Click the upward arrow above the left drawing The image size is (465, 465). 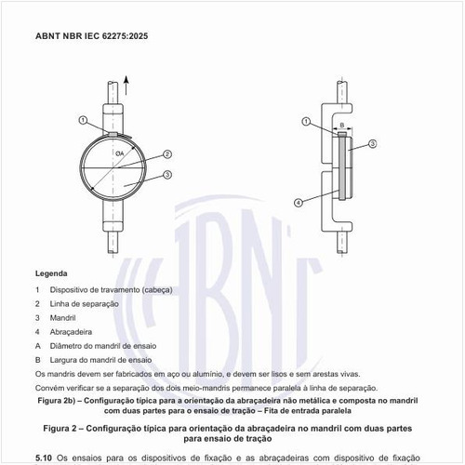(x=126, y=89)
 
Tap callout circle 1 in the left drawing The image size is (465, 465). (x=84, y=120)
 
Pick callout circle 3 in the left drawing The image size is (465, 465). (x=166, y=175)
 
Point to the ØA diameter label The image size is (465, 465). (x=121, y=153)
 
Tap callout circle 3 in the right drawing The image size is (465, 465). (x=372, y=143)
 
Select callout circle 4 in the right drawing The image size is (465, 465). (x=299, y=202)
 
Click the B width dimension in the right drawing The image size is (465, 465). (x=341, y=124)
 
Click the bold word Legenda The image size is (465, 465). (x=51, y=274)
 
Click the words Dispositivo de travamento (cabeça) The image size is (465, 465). (x=110, y=289)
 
